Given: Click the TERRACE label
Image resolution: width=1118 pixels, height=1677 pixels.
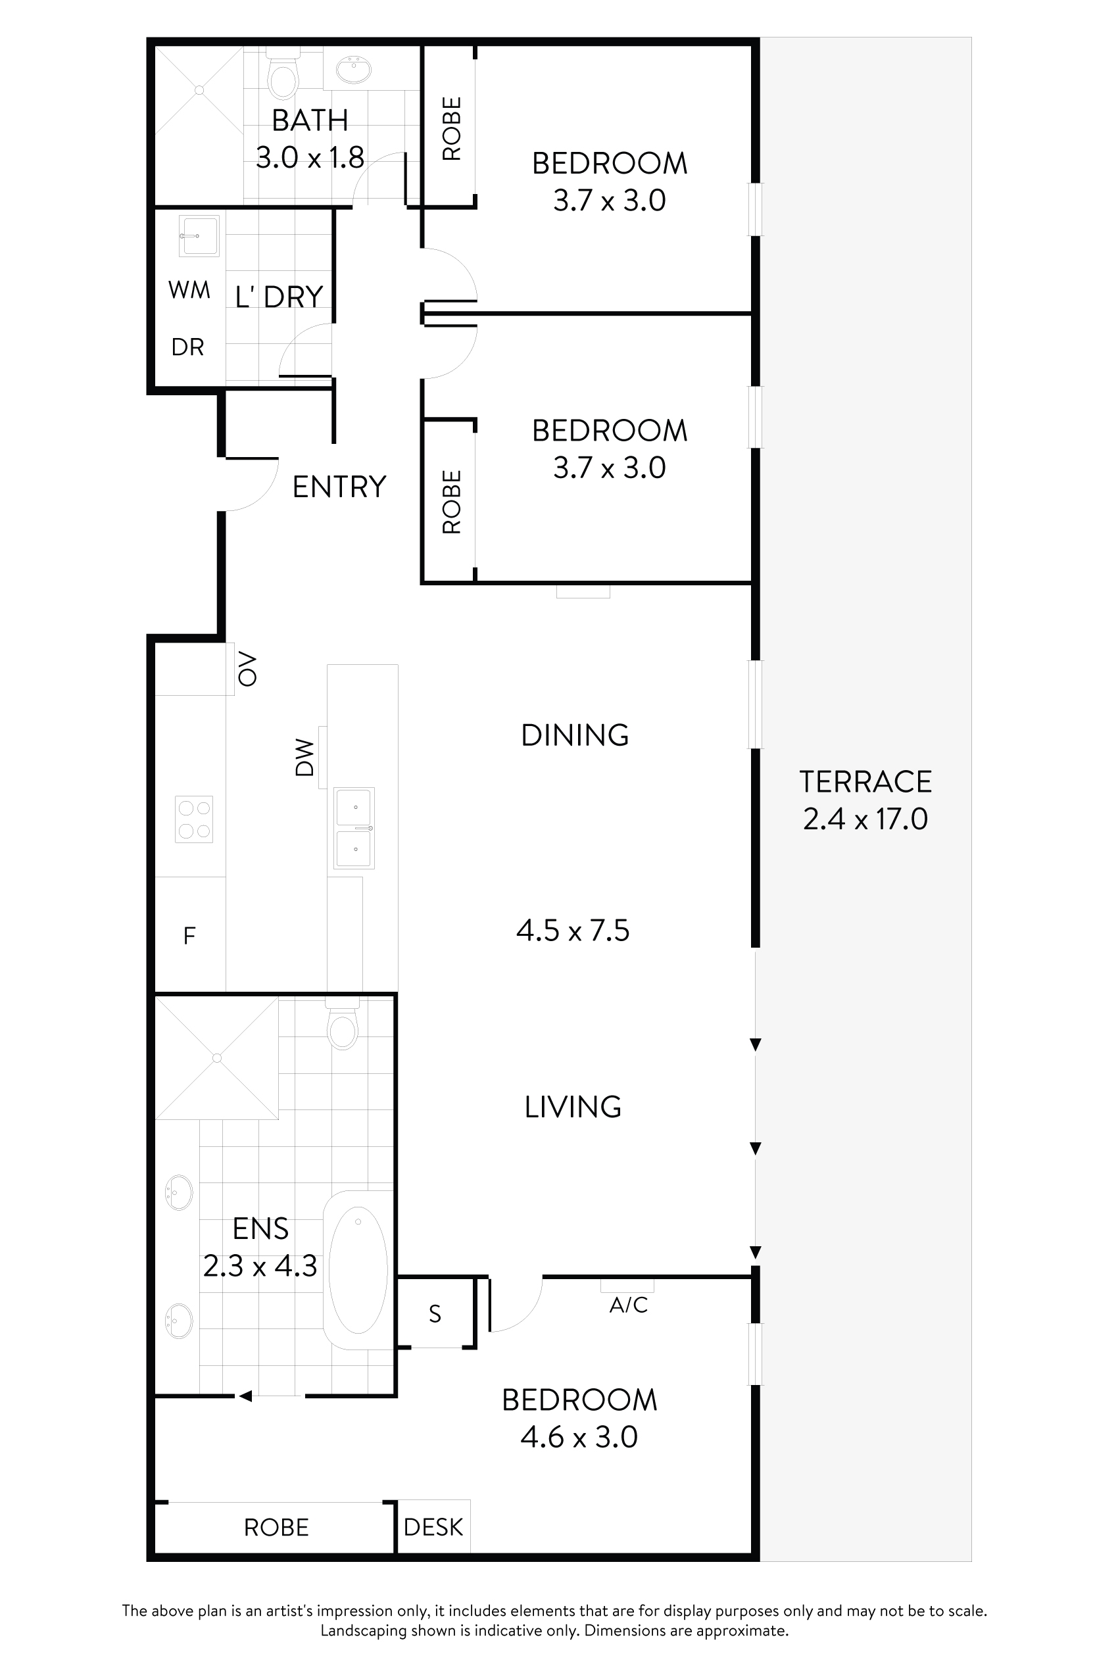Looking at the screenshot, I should coord(865,781).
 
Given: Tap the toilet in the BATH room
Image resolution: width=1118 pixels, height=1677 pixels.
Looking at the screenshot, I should coord(283,78).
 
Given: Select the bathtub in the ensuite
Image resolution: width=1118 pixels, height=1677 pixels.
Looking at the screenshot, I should coord(358,1270).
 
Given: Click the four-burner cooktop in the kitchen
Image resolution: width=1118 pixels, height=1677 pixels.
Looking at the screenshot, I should coord(194,819).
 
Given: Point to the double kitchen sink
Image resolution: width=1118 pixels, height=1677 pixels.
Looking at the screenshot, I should coord(354,828).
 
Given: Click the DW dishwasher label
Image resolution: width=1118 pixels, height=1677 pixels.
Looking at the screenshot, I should coord(304,756).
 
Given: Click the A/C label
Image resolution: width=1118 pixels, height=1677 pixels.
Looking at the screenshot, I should coord(628,1305).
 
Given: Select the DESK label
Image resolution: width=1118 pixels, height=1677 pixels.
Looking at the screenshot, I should coord(433,1527).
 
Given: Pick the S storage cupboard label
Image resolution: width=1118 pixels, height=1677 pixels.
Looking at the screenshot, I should coord(435,1314).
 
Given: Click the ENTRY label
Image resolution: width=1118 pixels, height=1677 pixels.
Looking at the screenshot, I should coord(339,487).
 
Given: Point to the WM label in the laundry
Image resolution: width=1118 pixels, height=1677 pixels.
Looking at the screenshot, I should coord(189,290).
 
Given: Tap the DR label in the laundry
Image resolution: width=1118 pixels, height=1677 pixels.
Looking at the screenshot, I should coord(187,347).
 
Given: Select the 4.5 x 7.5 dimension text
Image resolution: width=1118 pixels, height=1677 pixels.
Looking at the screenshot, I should coord(573,931).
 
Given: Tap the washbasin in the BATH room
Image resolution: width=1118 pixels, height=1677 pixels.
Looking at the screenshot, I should coord(353,70).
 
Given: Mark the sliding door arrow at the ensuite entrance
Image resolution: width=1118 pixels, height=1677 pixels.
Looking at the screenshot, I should coord(245,1397).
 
